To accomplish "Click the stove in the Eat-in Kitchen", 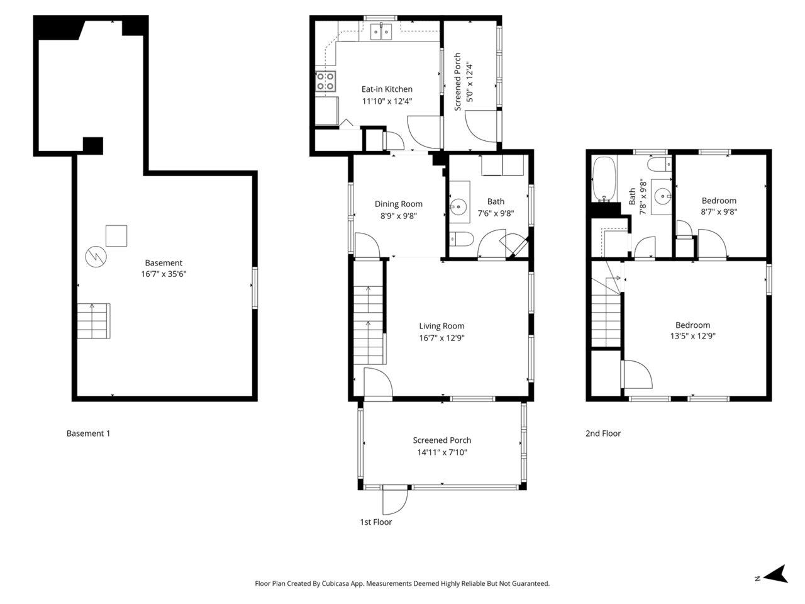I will point(326,81).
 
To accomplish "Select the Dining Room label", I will point(398,204).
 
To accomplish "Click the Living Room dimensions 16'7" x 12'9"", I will point(441,338).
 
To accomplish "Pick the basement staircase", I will point(94,321).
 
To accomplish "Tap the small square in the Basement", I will point(116,236).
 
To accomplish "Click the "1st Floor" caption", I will point(375,522).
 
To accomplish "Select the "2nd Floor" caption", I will point(602,433).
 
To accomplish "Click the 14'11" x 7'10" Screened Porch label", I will point(441,452).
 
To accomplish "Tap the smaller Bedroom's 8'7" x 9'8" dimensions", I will point(719,212).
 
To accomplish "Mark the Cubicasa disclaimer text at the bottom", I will point(402,584).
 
